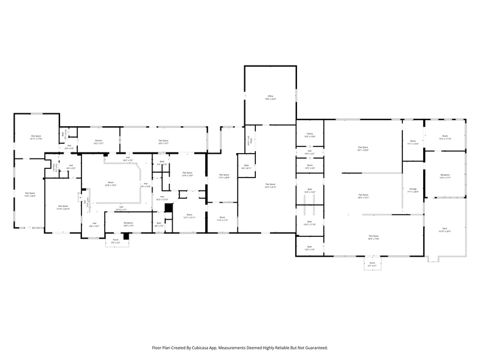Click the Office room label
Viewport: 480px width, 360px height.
coord(269,97)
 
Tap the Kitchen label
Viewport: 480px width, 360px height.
coord(99,142)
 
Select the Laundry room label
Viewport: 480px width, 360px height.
coord(54,166)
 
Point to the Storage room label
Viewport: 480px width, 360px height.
coord(413,190)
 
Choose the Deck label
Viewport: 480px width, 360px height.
coord(444,230)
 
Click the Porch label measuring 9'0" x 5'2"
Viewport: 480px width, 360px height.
coord(116,241)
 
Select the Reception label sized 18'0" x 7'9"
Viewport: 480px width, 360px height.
coord(129,224)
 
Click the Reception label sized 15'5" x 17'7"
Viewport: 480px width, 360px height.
coord(445,176)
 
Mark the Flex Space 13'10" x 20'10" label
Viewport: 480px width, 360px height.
coord(63,208)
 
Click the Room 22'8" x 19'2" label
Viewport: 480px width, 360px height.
coord(111,184)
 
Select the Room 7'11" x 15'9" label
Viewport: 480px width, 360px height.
coord(413,143)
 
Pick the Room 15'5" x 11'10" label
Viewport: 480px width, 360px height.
coord(445,137)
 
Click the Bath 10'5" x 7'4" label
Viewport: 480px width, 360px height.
coord(309,249)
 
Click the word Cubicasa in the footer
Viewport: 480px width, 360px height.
coord(215,347)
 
